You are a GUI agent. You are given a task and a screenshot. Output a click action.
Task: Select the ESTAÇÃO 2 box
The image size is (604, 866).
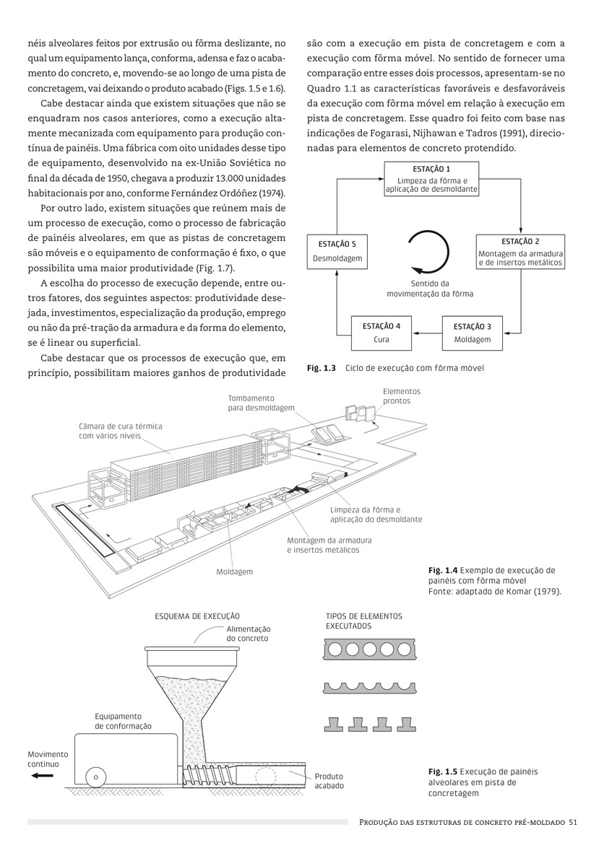(x=520, y=252)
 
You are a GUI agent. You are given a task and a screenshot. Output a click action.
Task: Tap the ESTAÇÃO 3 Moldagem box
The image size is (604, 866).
(x=473, y=333)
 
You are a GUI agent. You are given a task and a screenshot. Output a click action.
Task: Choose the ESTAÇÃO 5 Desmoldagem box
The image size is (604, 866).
(x=338, y=252)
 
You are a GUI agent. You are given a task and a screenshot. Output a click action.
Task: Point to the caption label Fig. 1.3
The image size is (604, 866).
(x=322, y=368)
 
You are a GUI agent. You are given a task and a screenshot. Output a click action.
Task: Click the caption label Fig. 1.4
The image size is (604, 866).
(x=442, y=570)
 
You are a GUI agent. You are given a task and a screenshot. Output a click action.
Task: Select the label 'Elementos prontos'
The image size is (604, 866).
(x=401, y=395)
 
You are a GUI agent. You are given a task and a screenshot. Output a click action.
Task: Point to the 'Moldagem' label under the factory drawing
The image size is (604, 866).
(x=235, y=572)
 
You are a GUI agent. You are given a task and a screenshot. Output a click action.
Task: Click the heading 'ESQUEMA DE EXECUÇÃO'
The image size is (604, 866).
(x=197, y=616)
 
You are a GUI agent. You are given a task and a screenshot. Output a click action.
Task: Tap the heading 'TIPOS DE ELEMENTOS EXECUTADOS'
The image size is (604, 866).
(x=363, y=621)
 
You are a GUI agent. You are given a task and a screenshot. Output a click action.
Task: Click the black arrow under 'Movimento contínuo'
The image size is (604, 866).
(x=43, y=776)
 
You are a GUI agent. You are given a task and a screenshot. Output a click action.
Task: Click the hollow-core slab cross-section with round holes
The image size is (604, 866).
(x=368, y=650)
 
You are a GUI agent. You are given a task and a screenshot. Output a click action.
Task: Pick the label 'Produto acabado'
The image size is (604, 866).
(x=329, y=781)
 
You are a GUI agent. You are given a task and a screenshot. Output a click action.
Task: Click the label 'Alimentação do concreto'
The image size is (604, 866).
(x=248, y=634)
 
